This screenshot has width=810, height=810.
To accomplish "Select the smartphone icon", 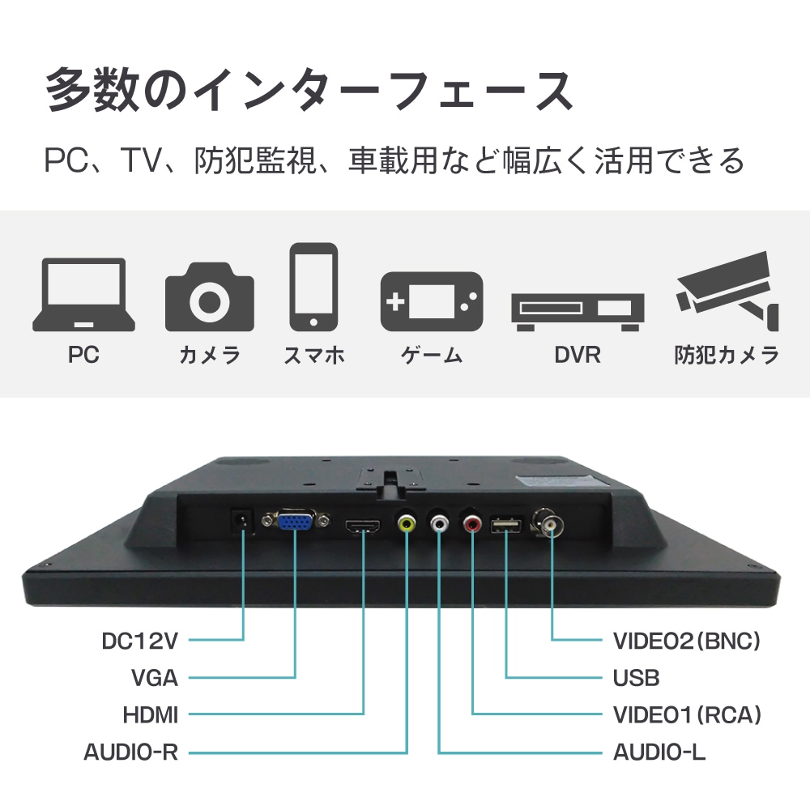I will pyautogui.click(x=313, y=287).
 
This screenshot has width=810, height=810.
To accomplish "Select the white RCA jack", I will pyautogui.click(x=439, y=525).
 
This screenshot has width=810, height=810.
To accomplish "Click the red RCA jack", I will pyautogui.click(x=472, y=525).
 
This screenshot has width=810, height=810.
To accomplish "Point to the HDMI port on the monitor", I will pyautogui.click(x=363, y=528).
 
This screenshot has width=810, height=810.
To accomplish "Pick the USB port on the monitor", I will pyautogui.click(x=506, y=527).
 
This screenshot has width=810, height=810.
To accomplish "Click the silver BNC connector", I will pyautogui.click(x=552, y=525).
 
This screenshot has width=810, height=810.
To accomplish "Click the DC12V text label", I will pyautogui.click(x=139, y=641).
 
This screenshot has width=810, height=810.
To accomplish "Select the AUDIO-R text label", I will pyautogui.click(x=130, y=752).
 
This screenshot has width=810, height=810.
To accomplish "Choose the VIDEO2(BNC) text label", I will pyautogui.click(x=687, y=641).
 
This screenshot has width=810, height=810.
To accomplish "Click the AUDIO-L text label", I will pyautogui.click(x=659, y=752).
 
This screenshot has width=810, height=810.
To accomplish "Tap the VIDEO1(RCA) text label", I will pyautogui.click(x=687, y=714).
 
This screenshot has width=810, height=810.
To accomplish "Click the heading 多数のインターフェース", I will pyautogui.click(x=309, y=91).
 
